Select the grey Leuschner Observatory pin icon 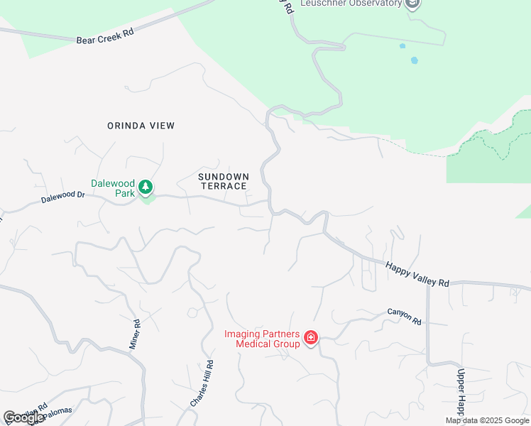[412, 4]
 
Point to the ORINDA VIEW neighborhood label [141, 126]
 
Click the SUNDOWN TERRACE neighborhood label [223, 181]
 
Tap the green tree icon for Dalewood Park [146, 187]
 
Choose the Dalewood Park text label [112, 187]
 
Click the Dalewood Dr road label [62, 197]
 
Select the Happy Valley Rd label [417, 274]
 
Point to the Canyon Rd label [405, 317]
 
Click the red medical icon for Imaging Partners [310, 338]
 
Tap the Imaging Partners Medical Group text [262, 339]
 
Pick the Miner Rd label [136, 334]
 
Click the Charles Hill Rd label [202, 383]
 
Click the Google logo [24, 417]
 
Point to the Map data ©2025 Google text [487, 420]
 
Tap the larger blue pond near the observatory [414, 60]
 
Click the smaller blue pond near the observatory [403, 46]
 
